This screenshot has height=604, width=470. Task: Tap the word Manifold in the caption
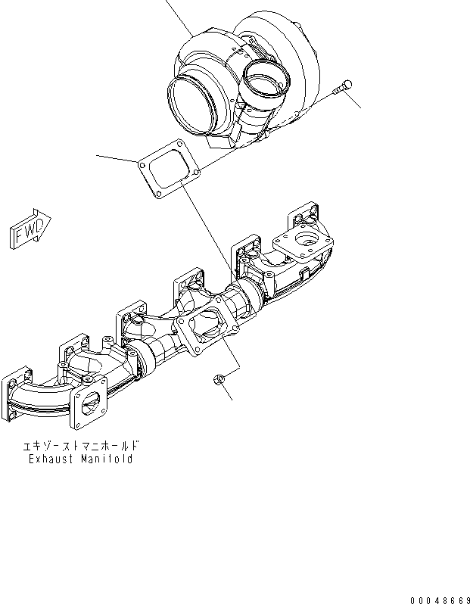tap(107, 459)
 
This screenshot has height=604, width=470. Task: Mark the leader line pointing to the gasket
tap(117, 158)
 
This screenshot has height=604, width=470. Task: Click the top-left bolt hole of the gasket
tap(142, 162)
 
